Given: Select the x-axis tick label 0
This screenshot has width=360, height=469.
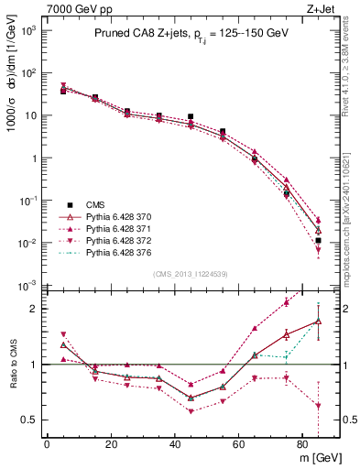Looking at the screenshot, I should click(x=46, y=445).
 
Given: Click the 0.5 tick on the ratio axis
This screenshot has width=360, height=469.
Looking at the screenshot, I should click(x=30, y=420).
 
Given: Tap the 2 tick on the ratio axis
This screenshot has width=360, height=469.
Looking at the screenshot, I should click(x=34, y=309).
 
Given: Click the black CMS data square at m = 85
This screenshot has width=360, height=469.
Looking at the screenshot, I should click(x=318, y=241).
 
